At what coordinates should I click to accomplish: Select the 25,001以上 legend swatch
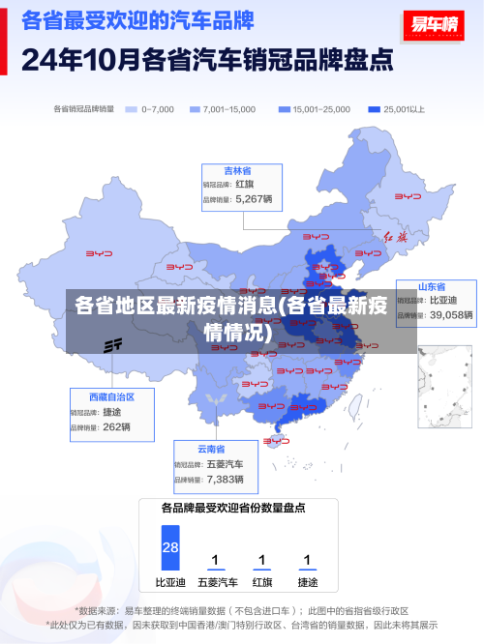click(374, 109)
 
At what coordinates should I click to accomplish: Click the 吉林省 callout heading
click(238, 170)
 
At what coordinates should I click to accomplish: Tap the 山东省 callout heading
click(432, 287)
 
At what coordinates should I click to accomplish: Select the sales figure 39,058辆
click(451, 315)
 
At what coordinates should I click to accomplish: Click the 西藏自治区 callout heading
click(111, 396)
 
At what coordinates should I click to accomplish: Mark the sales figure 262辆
click(116, 426)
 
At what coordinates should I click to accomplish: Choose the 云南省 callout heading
click(211, 449)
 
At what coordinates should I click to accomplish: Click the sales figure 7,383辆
click(225, 479)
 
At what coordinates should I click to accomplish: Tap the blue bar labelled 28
click(170, 547)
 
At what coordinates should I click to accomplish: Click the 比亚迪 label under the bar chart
click(170, 583)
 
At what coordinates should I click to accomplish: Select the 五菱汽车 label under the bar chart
click(217, 583)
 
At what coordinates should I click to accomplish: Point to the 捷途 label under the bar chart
click(308, 583)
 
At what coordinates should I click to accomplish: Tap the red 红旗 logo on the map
click(397, 236)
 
